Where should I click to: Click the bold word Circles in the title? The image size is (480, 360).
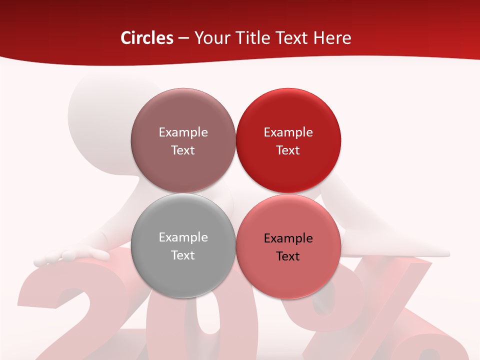pyautogui.click(x=147, y=38)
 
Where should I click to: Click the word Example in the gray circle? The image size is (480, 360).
pyautogui.click(x=183, y=237)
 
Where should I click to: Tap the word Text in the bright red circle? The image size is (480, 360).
pyautogui.click(x=288, y=150)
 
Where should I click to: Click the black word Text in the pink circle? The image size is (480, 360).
pyautogui.click(x=288, y=256)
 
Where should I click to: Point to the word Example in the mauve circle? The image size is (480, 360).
pyautogui.click(x=183, y=132)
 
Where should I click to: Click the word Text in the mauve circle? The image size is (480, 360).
pyautogui.click(x=183, y=150)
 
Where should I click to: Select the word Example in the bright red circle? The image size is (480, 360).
pyautogui.click(x=288, y=132)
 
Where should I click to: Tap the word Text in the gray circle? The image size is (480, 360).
pyautogui.click(x=183, y=255)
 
